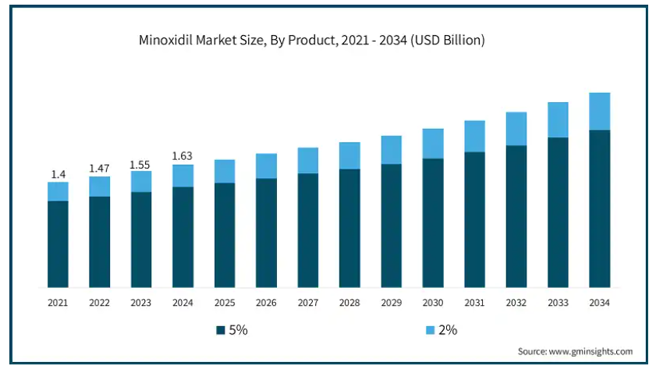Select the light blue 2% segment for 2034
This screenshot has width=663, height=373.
[599, 112]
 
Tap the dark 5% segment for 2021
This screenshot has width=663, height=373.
[58, 244]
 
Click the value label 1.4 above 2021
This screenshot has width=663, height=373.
[58, 174]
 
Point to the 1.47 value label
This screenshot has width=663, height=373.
[99, 168]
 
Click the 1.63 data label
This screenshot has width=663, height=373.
[183, 156]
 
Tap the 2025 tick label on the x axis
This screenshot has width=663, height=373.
[225, 303]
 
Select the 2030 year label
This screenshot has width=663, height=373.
[433, 303]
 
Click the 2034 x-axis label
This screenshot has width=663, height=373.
[599, 303]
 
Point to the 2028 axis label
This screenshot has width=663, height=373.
[349, 303]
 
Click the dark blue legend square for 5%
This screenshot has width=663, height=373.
[222, 330]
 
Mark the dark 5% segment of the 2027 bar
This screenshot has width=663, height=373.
[308, 230]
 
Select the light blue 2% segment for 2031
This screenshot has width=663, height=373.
[474, 137]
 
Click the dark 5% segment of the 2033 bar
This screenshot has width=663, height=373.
[558, 212]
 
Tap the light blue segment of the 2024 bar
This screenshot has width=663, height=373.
[183, 176]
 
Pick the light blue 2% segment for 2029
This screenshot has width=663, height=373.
[391, 150]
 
